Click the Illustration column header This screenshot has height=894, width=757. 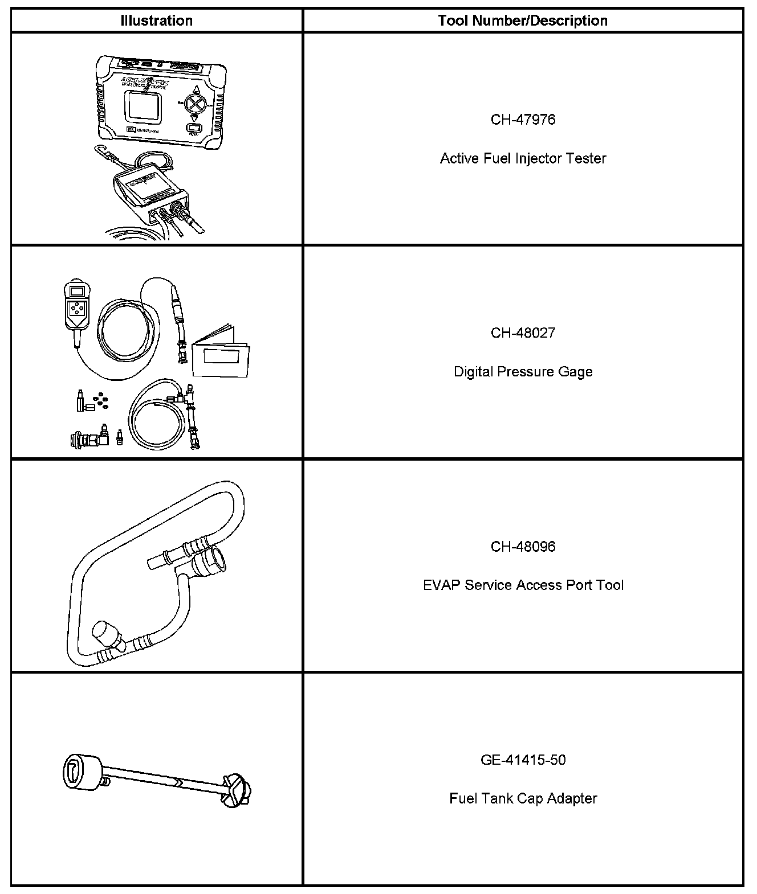pyautogui.click(x=156, y=21)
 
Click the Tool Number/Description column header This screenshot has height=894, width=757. pyautogui.click(x=523, y=21)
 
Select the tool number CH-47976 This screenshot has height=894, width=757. pyautogui.click(x=523, y=120)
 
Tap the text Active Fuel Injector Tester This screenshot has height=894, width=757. pyautogui.click(x=523, y=158)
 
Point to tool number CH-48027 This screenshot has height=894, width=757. pyautogui.click(x=523, y=333)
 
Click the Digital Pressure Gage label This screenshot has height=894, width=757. pyautogui.click(x=523, y=372)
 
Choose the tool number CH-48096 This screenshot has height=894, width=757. pyautogui.click(x=523, y=547)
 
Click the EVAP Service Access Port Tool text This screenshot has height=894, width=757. pyautogui.click(x=523, y=585)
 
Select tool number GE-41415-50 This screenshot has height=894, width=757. pyautogui.click(x=523, y=760)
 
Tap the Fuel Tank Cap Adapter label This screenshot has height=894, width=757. pyautogui.click(x=523, y=798)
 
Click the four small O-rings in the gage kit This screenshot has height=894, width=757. pyautogui.click(x=101, y=401)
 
